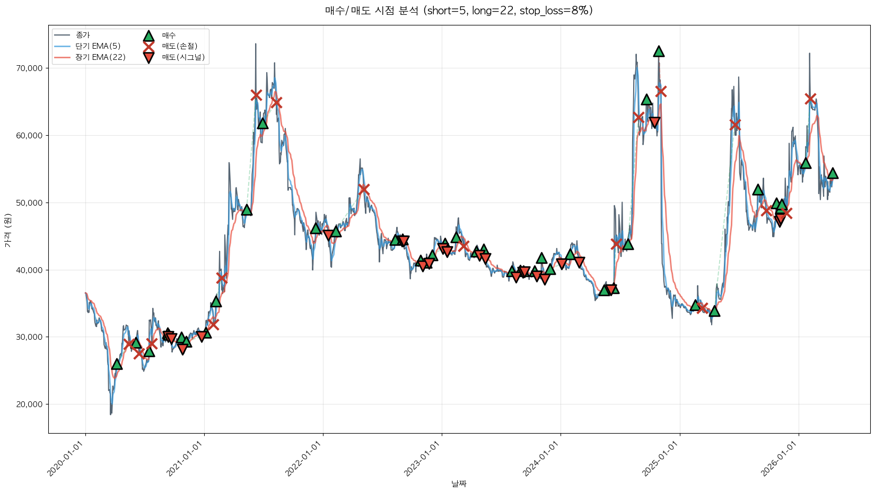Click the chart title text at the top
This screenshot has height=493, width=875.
pos(459,11)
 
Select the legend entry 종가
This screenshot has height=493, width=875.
pos(83,35)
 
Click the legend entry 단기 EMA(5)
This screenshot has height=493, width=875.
pos(98,46)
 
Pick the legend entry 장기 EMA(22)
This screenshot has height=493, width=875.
pos(100,57)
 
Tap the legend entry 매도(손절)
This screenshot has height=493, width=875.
pos(179,46)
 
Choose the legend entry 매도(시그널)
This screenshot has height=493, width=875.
pos(183,57)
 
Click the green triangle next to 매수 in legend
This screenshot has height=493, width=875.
pos(148,36)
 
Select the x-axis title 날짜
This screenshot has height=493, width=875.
pos(459,483)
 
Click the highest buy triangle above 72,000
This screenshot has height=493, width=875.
pos(659,51)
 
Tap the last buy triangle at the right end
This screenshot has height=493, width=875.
pos(833,173)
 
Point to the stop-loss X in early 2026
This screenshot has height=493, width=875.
pos(810,99)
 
